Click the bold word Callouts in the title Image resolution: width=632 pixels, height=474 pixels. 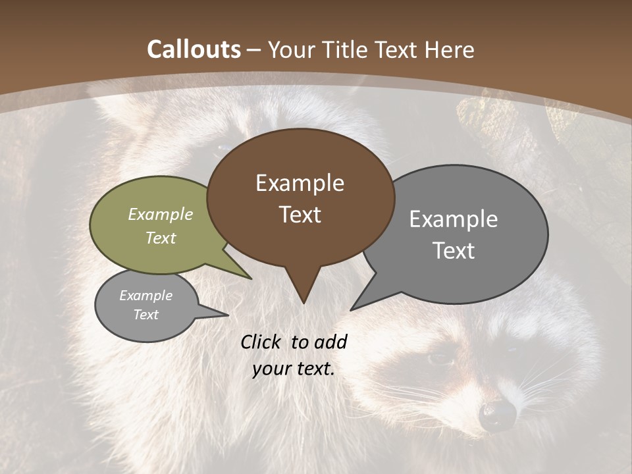point(194,49)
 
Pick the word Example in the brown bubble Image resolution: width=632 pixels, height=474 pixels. point(300,183)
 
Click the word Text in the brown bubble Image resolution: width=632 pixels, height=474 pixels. point(300,215)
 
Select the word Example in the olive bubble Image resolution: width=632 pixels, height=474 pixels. point(161,214)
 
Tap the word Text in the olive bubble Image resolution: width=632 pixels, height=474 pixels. point(161,238)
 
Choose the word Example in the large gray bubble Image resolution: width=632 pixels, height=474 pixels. point(454,219)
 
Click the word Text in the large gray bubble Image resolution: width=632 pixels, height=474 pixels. point(454,251)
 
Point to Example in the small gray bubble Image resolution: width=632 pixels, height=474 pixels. point(145,296)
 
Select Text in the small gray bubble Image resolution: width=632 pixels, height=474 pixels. point(145,315)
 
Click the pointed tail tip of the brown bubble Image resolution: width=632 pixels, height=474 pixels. point(303,303)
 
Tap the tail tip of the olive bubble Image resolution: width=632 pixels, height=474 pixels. point(251,278)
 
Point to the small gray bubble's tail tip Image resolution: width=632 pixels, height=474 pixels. point(228,315)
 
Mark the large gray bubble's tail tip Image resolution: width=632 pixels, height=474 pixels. point(351,309)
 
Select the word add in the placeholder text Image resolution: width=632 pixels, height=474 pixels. point(330,342)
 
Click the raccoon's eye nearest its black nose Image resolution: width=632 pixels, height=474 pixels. point(439,359)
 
